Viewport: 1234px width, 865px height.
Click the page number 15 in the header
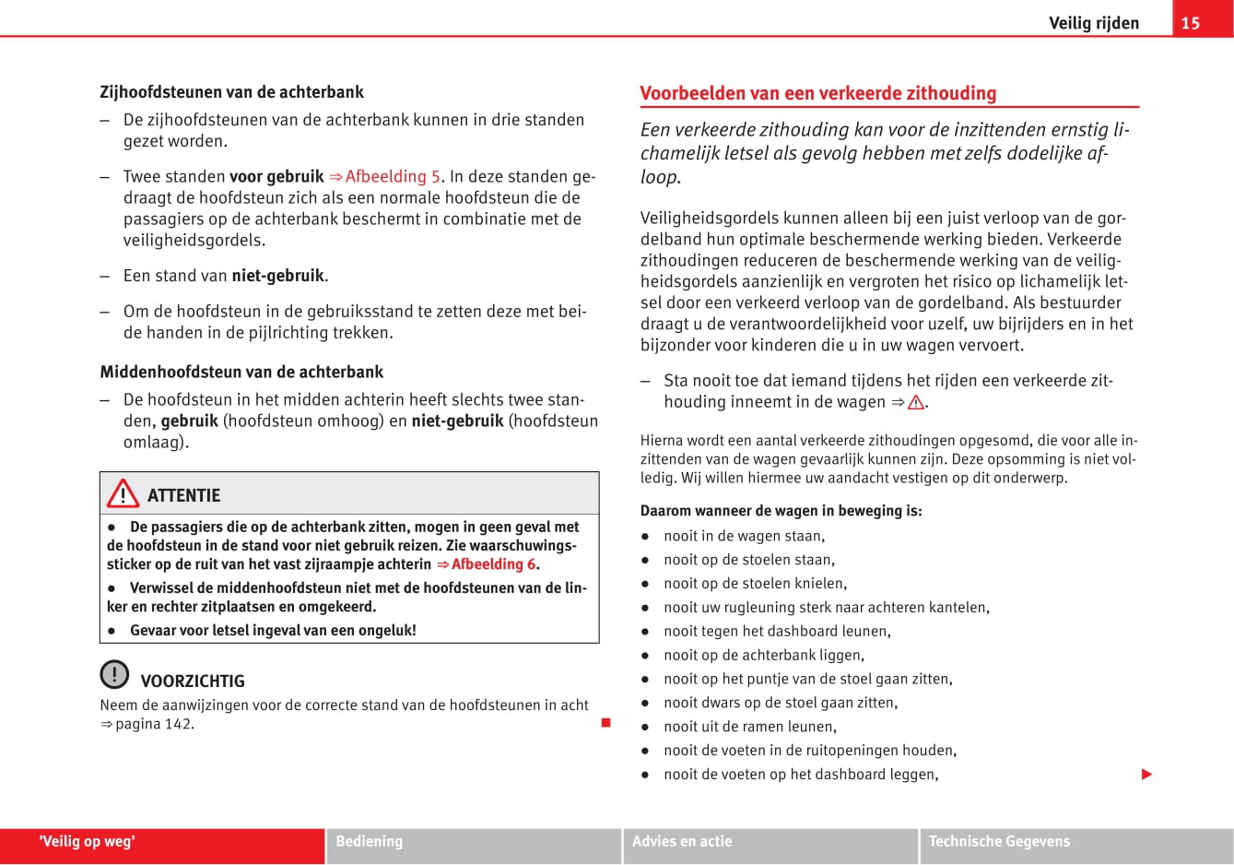coord(1191,23)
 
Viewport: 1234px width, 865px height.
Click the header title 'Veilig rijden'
coord(1093,23)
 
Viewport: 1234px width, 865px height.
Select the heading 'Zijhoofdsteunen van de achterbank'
coord(231,92)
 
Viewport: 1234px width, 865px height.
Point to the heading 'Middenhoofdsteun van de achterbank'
coord(241,373)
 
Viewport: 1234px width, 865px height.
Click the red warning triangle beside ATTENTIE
coord(123,494)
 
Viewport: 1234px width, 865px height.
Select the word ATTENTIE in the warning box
coord(183,495)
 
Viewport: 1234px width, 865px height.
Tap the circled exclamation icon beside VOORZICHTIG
coord(114,674)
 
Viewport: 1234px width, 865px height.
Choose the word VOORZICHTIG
coord(193,681)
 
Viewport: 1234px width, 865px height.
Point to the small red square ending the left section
coord(605,723)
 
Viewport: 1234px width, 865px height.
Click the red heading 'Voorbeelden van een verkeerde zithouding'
coord(818,93)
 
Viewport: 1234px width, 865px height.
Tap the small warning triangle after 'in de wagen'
coord(916,402)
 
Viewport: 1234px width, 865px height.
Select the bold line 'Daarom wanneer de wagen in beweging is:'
coord(781,511)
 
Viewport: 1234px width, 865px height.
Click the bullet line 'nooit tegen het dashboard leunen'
coord(776,632)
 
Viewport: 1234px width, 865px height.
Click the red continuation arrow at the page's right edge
coord(1146,775)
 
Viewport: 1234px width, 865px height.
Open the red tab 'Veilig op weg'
coord(88,842)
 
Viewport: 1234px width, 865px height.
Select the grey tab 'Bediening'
coord(369,842)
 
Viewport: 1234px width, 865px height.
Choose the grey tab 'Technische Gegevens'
coord(999,842)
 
